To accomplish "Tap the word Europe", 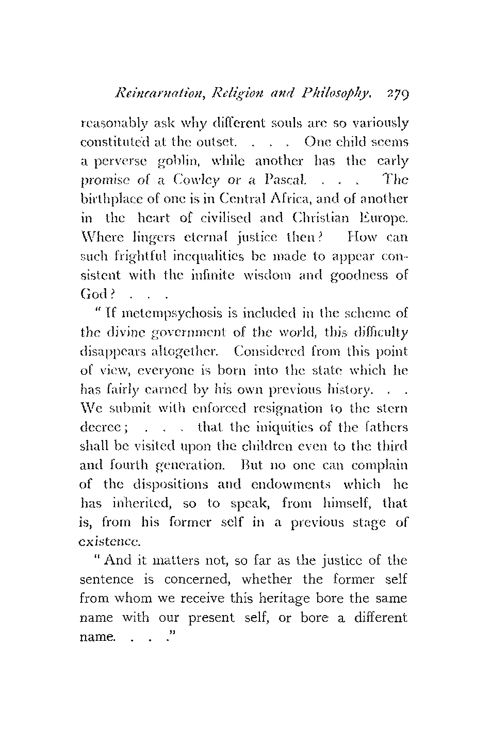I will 382,217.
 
